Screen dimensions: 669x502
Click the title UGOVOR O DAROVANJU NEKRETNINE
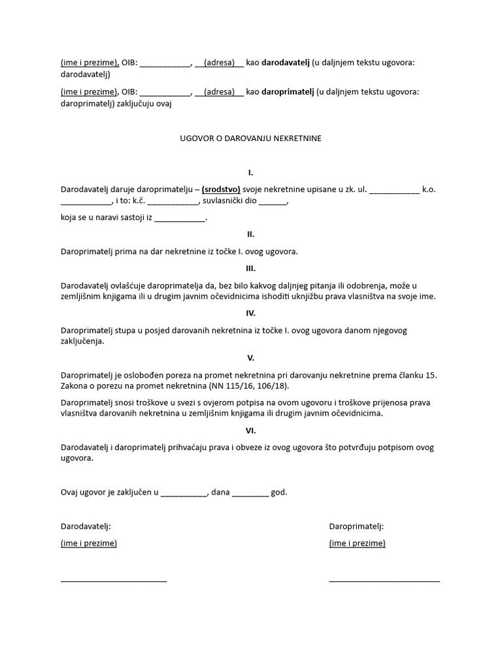click(250, 139)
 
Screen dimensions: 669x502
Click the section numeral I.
click(250, 173)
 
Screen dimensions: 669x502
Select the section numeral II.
click(250, 234)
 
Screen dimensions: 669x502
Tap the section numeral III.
click(250, 269)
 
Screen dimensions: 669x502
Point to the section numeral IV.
click(250, 313)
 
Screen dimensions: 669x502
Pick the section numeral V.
click(250, 358)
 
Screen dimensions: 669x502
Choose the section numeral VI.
click(250, 431)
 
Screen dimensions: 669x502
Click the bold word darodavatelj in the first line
click(285, 63)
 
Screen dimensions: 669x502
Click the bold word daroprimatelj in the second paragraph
click(287, 92)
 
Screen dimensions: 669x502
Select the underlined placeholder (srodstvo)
click(221, 189)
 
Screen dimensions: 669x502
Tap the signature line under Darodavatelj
click(114, 580)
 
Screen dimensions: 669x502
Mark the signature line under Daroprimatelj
click(384, 580)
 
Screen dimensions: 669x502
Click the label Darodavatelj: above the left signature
click(86, 526)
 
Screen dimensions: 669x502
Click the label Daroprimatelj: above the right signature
click(356, 526)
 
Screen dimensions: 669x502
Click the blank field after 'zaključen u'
click(184, 493)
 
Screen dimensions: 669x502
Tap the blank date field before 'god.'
click(250, 493)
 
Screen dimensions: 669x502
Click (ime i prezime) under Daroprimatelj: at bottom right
click(357, 544)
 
